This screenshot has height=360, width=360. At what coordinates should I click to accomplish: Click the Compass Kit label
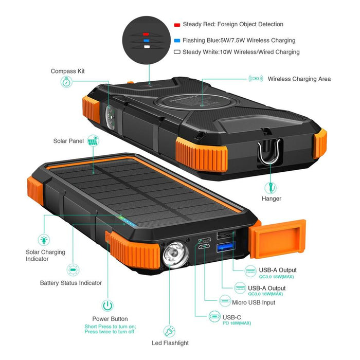pos(67,71)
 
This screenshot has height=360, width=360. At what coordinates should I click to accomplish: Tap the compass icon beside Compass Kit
pos(66,82)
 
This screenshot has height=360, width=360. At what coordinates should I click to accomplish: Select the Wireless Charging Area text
pos(299,79)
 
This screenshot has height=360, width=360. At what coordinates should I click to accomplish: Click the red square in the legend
pos(177,25)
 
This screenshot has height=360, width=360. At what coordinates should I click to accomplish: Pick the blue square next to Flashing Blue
pos(177,41)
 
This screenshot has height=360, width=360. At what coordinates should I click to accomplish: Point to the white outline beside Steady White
pos(177,52)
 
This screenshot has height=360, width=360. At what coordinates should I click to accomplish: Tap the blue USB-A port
pos(226,247)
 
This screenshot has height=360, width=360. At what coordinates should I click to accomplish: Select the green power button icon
pos(107,305)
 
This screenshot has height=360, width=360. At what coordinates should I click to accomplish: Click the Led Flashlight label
pos(170,343)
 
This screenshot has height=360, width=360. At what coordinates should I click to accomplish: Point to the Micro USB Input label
pos(254,302)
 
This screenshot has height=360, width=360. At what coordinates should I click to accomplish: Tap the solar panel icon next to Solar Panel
pos(93,140)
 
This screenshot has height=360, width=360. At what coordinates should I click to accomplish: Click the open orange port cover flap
pos(278,238)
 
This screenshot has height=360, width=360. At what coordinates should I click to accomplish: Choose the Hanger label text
pos(272,199)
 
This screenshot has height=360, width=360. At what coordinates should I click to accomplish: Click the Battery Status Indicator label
pos(71,283)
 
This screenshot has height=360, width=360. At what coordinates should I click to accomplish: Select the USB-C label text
pos(232,317)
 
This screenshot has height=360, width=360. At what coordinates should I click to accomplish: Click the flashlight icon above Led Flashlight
pos(169,332)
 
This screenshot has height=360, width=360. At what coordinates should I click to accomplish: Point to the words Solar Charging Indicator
pos(45,255)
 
